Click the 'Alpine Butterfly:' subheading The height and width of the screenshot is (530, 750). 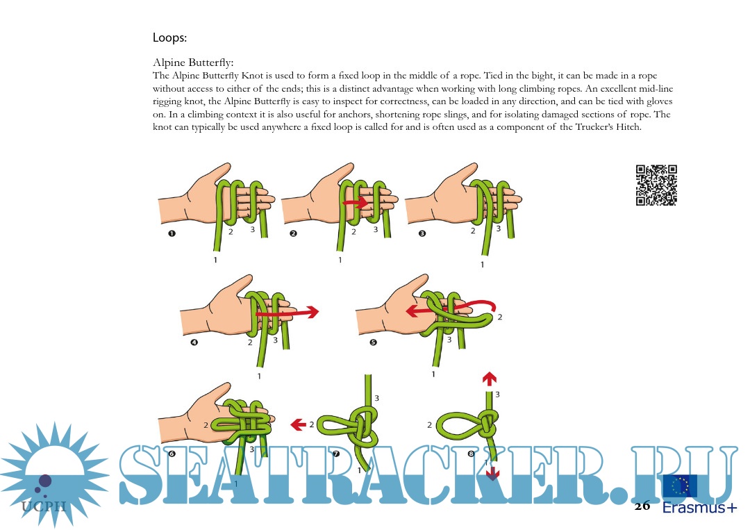[x=193, y=63]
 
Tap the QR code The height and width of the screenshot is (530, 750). [x=656, y=185]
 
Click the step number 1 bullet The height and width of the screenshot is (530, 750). [x=172, y=233]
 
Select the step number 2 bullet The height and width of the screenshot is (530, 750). [x=293, y=233]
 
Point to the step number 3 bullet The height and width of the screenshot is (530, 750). [x=422, y=233]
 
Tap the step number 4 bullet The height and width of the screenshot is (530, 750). [x=194, y=342]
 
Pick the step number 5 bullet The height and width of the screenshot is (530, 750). [x=373, y=342]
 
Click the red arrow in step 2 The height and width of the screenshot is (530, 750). [x=356, y=202]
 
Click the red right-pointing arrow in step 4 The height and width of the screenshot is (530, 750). [x=287, y=313]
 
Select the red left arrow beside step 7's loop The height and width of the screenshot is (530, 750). [x=299, y=424]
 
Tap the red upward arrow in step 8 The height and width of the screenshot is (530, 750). [x=489, y=379]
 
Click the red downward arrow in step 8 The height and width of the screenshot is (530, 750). [x=492, y=474]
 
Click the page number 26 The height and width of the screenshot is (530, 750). [x=642, y=506]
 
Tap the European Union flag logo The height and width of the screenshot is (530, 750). [x=679, y=486]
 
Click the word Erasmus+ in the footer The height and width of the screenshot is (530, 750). [x=699, y=508]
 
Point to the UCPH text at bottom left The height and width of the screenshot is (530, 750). [x=44, y=506]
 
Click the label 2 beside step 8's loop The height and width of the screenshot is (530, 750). [x=429, y=425]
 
